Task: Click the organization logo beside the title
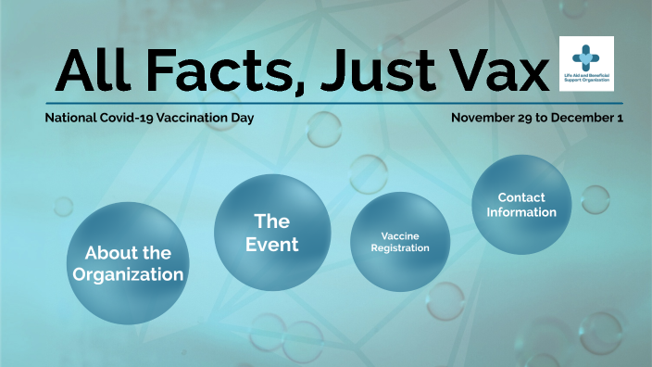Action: [586, 64]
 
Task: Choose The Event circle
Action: [272, 232]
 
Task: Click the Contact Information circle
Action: [520, 204]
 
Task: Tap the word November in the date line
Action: [484, 119]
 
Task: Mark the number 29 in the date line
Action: [529, 119]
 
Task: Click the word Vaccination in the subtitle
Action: [197, 119]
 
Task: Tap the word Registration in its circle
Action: [394, 248]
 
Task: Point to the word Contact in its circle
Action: [521, 197]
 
